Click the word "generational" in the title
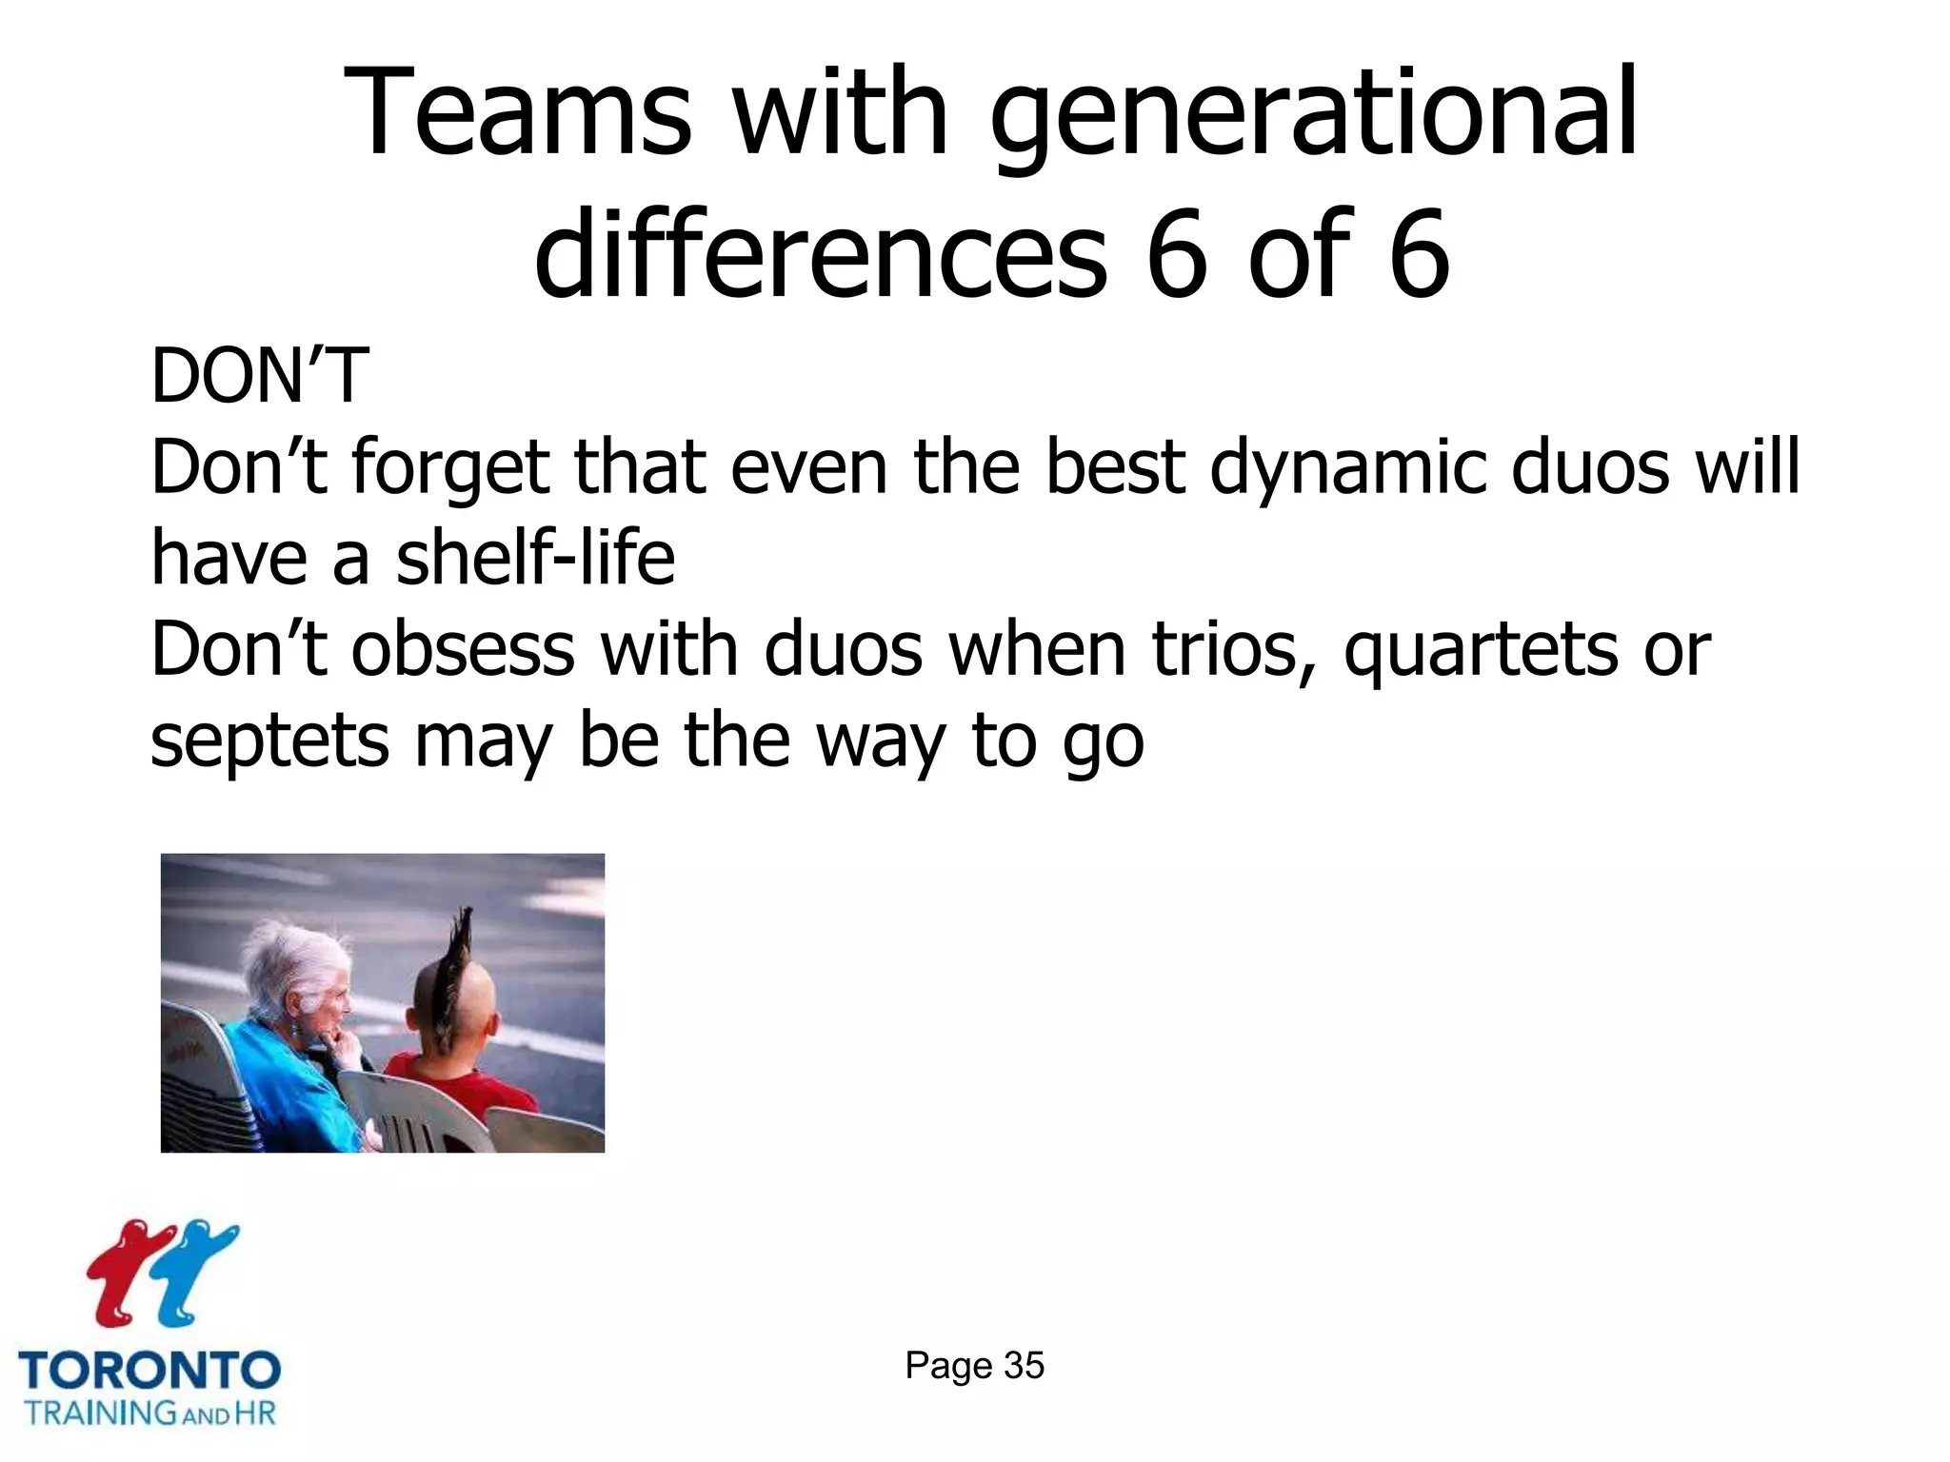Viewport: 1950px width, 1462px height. [x=1314, y=114]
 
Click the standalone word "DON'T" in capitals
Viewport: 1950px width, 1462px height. [x=259, y=377]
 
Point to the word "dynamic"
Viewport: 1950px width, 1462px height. [x=1348, y=468]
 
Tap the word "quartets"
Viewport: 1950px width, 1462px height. [x=1480, y=651]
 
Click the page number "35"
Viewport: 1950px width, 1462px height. [x=1024, y=1366]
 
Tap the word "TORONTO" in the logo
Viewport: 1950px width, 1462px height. [x=149, y=1371]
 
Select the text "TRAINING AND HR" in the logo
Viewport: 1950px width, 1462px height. [x=149, y=1413]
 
